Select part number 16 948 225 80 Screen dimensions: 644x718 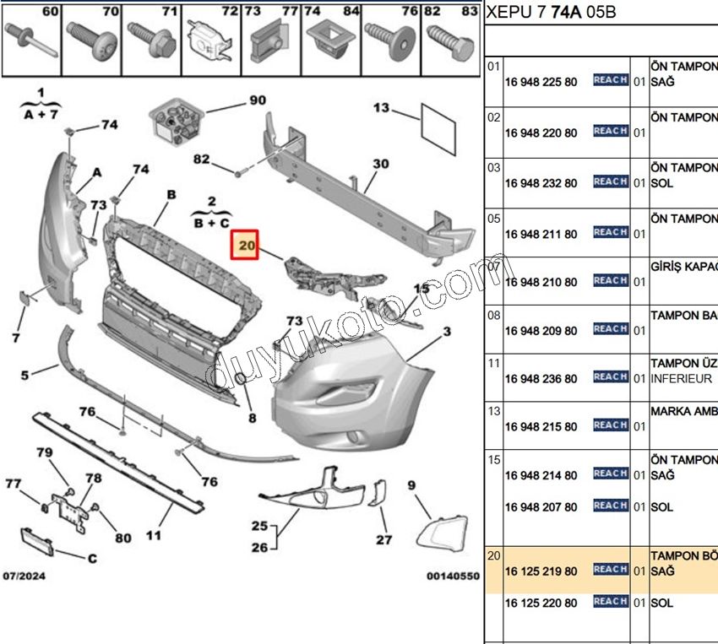(x=541, y=83)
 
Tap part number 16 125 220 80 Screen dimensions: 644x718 (x=541, y=603)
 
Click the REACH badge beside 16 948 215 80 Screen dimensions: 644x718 (x=610, y=425)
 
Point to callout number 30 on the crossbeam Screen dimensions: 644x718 (x=381, y=164)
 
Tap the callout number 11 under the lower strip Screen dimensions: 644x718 (x=154, y=534)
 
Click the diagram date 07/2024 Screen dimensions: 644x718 (x=24, y=576)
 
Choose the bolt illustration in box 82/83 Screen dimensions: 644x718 (x=449, y=38)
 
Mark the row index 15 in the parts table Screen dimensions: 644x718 (x=494, y=459)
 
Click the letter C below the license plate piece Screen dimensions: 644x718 (x=92, y=558)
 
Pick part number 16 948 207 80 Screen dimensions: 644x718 (x=541, y=507)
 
